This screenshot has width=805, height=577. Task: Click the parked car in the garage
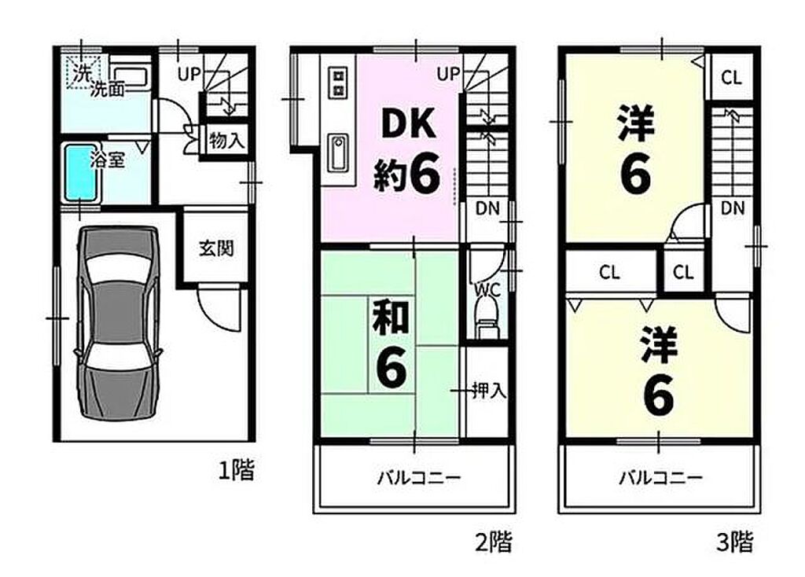118,325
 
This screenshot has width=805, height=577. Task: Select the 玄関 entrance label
216,248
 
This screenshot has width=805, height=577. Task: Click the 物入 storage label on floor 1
226,140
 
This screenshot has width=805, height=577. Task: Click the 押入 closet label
489,391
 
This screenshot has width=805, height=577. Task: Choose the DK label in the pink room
409,123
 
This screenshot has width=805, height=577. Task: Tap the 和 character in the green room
391,318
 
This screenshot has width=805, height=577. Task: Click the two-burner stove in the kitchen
339,82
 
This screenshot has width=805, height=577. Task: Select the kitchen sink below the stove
339,153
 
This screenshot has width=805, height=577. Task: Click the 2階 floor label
494,542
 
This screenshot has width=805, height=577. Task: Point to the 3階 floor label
735,542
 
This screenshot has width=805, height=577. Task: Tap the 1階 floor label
237,470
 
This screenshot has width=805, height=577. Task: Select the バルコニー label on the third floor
661,479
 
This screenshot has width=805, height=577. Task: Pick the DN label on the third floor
733,208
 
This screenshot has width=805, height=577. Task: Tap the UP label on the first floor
189,75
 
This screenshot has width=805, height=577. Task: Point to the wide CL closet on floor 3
610,271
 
